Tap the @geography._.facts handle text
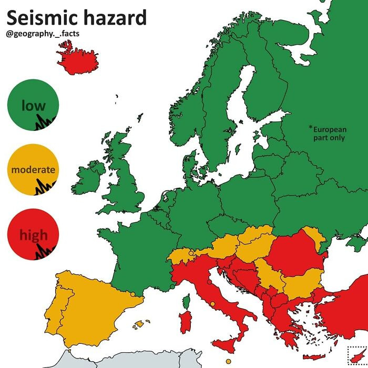(x=43, y=35)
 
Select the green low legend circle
(x=33, y=106)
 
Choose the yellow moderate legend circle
(x=33, y=170)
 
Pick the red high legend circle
(x=33, y=234)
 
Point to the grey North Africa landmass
(x=131, y=360)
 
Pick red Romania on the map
(x=292, y=252)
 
